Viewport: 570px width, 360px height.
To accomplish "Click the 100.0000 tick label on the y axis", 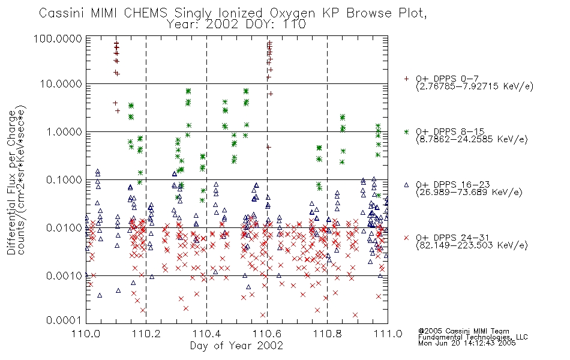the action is (58, 38).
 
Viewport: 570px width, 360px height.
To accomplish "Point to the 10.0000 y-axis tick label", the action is (61, 84).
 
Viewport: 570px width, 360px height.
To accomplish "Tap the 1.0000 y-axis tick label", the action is (64, 131).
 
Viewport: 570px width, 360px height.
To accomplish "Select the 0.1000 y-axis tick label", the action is (64, 179).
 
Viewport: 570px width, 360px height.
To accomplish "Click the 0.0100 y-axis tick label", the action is (64, 227).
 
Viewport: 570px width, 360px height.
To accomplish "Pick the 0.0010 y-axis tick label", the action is (64, 275).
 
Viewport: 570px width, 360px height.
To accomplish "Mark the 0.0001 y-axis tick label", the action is (64, 320).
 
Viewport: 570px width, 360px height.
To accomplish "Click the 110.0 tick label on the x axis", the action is (86, 334).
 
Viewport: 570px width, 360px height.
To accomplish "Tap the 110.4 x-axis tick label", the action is (206, 334).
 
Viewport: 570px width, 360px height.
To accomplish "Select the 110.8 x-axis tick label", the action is (327, 334).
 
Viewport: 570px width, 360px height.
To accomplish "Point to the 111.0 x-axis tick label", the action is (388, 334).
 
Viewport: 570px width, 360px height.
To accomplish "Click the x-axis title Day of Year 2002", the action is (236, 346).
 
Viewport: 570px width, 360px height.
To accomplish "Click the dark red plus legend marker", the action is (406, 79).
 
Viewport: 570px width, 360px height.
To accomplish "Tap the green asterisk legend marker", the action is (406, 131).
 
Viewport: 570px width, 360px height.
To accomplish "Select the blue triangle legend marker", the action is (406, 185).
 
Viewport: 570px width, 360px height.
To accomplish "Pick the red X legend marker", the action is (406, 238).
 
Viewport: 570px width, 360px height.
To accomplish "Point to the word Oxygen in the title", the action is (292, 13).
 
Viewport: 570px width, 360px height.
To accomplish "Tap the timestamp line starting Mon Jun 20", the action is (467, 343).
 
